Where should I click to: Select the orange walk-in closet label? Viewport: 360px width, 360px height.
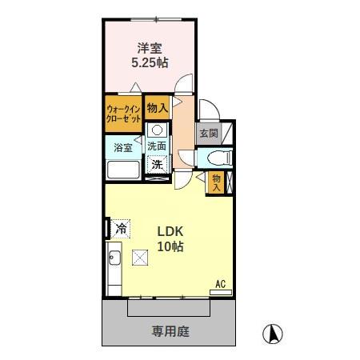click(124, 112)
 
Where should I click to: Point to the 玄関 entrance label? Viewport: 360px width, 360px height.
click(209, 133)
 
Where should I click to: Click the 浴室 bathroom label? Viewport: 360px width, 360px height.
click(123, 148)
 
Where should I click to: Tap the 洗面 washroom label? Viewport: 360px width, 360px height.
click(157, 146)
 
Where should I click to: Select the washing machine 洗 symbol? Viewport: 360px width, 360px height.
click(158, 164)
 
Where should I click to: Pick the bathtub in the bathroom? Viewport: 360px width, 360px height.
click(123, 170)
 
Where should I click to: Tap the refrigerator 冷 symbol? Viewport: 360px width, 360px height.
click(121, 228)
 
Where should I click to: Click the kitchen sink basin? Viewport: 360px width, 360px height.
click(114, 258)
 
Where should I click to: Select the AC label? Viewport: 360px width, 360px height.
click(220, 283)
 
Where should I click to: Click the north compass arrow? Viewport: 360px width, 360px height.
click(274, 332)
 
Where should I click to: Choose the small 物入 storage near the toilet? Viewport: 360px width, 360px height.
click(216, 183)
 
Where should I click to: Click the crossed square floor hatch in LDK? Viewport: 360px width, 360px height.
click(141, 257)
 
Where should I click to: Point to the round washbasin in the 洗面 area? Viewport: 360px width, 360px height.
click(158, 130)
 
